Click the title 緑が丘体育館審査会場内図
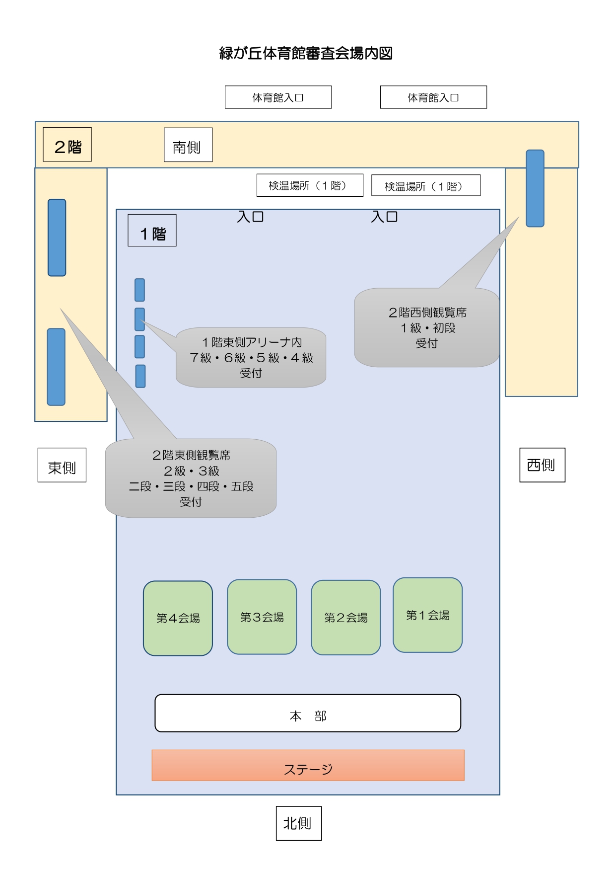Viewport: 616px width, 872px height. coord(306,53)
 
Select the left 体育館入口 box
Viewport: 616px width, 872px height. coord(278,97)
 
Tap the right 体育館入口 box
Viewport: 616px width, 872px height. coord(433,97)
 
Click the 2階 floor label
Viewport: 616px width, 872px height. coord(68,145)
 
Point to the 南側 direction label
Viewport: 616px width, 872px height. coord(188,145)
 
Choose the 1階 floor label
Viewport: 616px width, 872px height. coord(152,231)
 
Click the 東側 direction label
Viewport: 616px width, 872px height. coord(62,465)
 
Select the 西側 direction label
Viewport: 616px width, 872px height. coord(542,465)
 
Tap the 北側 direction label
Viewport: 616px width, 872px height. coord(299,823)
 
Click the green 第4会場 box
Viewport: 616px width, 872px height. coord(178,618)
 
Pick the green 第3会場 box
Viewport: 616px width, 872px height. coord(262,617)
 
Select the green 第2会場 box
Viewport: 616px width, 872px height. coord(345,618)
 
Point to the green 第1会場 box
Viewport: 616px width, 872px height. coord(427,615)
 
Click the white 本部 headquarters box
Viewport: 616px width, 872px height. coord(308,713)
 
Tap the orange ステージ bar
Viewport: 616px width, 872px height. coord(308,765)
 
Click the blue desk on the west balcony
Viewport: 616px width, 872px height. coord(535,189)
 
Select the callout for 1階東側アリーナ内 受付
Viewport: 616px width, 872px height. coord(251,358)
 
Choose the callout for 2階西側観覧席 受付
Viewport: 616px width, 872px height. coord(427,328)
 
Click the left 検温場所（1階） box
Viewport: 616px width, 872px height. coord(310,185)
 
